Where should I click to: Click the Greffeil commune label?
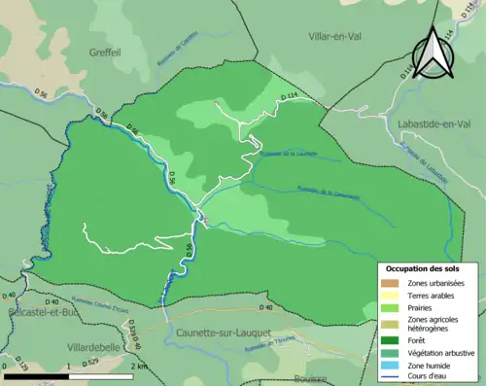point(108,52)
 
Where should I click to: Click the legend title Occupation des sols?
point(426,267)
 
